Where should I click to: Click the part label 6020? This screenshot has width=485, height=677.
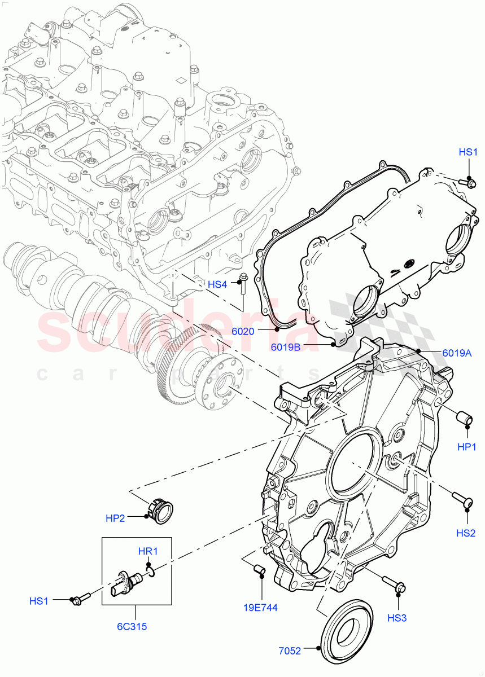point(243,332)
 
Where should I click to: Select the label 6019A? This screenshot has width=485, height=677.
point(457,353)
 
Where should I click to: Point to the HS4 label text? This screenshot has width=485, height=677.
point(217,284)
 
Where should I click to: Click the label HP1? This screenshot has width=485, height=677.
point(467,446)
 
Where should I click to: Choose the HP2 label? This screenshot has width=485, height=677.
point(115,518)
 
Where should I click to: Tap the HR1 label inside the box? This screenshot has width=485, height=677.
point(148,551)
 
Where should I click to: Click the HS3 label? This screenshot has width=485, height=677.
point(397,618)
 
